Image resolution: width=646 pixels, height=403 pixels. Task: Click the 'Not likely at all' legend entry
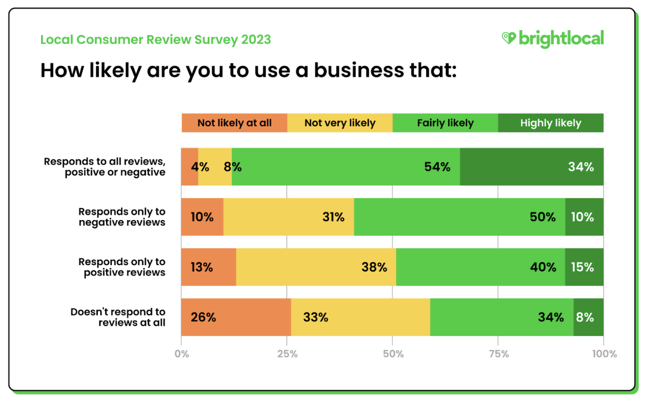[234, 123]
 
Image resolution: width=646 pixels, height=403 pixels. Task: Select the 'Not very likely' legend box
[340, 123]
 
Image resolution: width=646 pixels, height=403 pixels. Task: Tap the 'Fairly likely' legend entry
[445, 123]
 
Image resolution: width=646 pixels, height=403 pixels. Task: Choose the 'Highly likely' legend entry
[551, 123]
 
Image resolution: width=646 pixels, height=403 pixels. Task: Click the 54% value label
[437, 167]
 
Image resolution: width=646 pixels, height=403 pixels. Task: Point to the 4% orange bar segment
[189, 167]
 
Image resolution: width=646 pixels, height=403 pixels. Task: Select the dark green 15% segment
[584, 267]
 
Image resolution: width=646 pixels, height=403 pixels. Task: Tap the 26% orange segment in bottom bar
[236, 317]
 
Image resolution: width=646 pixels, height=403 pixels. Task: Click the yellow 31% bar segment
[288, 217]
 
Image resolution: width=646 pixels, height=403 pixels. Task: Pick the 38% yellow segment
[316, 267]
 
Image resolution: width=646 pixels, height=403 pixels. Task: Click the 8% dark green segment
[589, 317]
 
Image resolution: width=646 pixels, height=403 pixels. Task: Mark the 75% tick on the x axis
[498, 354]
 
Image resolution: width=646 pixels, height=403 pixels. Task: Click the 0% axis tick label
[181, 354]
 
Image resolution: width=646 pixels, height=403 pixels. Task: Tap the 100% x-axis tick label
[604, 354]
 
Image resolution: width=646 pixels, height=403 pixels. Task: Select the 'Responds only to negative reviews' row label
[122, 217]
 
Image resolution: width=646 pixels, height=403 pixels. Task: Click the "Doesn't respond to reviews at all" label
[118, 317]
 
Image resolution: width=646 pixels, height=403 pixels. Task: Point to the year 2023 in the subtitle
[256, 40]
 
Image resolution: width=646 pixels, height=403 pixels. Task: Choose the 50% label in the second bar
[543, 217]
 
